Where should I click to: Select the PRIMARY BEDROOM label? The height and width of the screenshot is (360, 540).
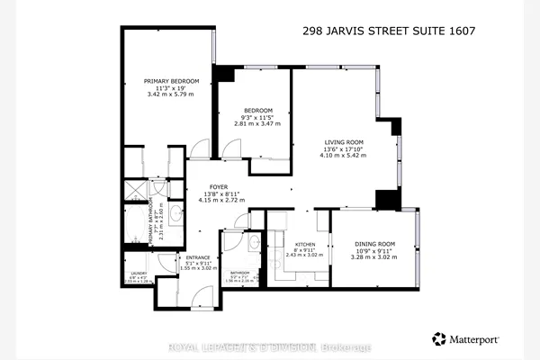point(164,80)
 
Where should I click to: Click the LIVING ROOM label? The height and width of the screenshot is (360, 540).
point(344,142)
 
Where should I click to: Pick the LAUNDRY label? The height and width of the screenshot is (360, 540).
point(139,275)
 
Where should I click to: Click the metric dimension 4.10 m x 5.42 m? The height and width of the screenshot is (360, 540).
point(344,155)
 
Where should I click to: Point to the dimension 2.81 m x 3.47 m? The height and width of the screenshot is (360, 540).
point(252,124)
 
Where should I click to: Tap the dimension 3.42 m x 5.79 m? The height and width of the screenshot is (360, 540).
point(164,94)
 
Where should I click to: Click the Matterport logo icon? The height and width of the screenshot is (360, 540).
point(438,338)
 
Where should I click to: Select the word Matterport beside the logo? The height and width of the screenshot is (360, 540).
point(476,339)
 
